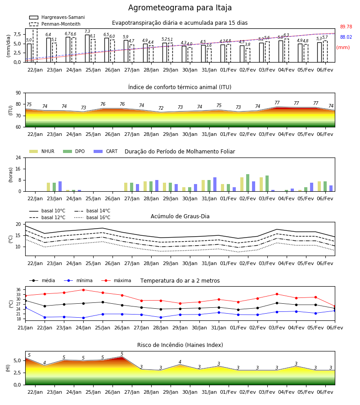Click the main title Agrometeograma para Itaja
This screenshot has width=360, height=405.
pyautogui.click(x=180, y=8)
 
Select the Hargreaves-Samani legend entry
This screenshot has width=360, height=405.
pyautogui.click(x=57, y=17)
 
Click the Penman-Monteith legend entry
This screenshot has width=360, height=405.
pyautogui.click(x=55, y=24)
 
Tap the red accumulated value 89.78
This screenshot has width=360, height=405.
pyautogui.click(x=346, y=27)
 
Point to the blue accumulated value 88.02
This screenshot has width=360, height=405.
pyautogui.click(x=346, y=37)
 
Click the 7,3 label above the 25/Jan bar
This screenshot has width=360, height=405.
pyautogui.click(x=87, y=31)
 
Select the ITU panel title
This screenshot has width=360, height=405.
pyautogui.click(x=180, y=87)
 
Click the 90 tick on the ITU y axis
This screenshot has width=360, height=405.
pyautogui.click(x=18, y=93)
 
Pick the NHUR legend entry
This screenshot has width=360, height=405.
pyautogui.click(x=42, y=151)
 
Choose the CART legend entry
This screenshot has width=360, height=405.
pyautogui.click(x=106, y=151)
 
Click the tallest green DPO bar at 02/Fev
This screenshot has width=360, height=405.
pyautogui.click(x=247, y=183)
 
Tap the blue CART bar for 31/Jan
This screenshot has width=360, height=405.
pyautogui.click(x=215, y=184)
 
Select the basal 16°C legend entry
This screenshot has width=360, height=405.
pyautogui.click(x=92, y=217)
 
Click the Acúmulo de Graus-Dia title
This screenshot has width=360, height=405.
pyautogui.click(x=180, y=216)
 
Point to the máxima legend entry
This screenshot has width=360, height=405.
pyautogui.click(x=116, y=280)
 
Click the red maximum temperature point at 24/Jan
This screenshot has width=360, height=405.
pyautogui.click(x=83, y=290)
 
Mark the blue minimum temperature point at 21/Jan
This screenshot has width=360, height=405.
pyautogui.click(x=25, y=308)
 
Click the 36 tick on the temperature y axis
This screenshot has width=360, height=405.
pyautogui.click(x=19, y=290)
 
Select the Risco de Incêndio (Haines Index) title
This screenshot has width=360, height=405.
pyautogui.click(x=180, y=345)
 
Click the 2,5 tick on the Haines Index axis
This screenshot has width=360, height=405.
pyautogui.click(x=18, y=373)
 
